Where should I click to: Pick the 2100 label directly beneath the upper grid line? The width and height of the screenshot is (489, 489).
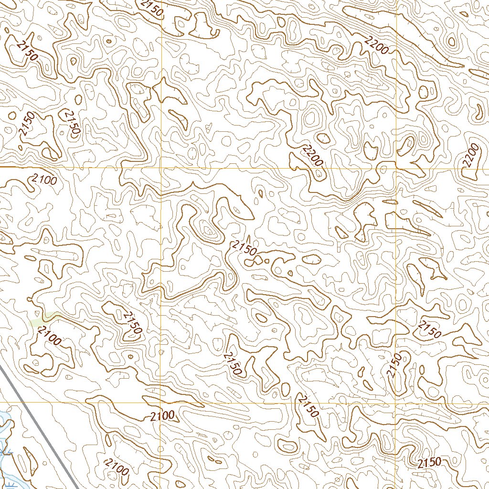tap(44, 180)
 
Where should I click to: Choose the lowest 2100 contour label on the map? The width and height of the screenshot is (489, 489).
tap(117, 467)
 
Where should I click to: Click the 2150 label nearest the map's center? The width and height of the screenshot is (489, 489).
tap(244, 248)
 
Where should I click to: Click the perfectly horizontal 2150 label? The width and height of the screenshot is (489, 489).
tap(428, 462)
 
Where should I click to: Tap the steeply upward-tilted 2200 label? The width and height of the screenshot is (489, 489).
tap(470, 156)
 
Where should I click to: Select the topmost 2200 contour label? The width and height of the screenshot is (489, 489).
tap(376, 46)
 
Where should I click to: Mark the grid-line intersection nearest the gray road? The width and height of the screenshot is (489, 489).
tap(160, 402)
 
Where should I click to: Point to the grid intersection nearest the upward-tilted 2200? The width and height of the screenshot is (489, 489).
tap(396, 168)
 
